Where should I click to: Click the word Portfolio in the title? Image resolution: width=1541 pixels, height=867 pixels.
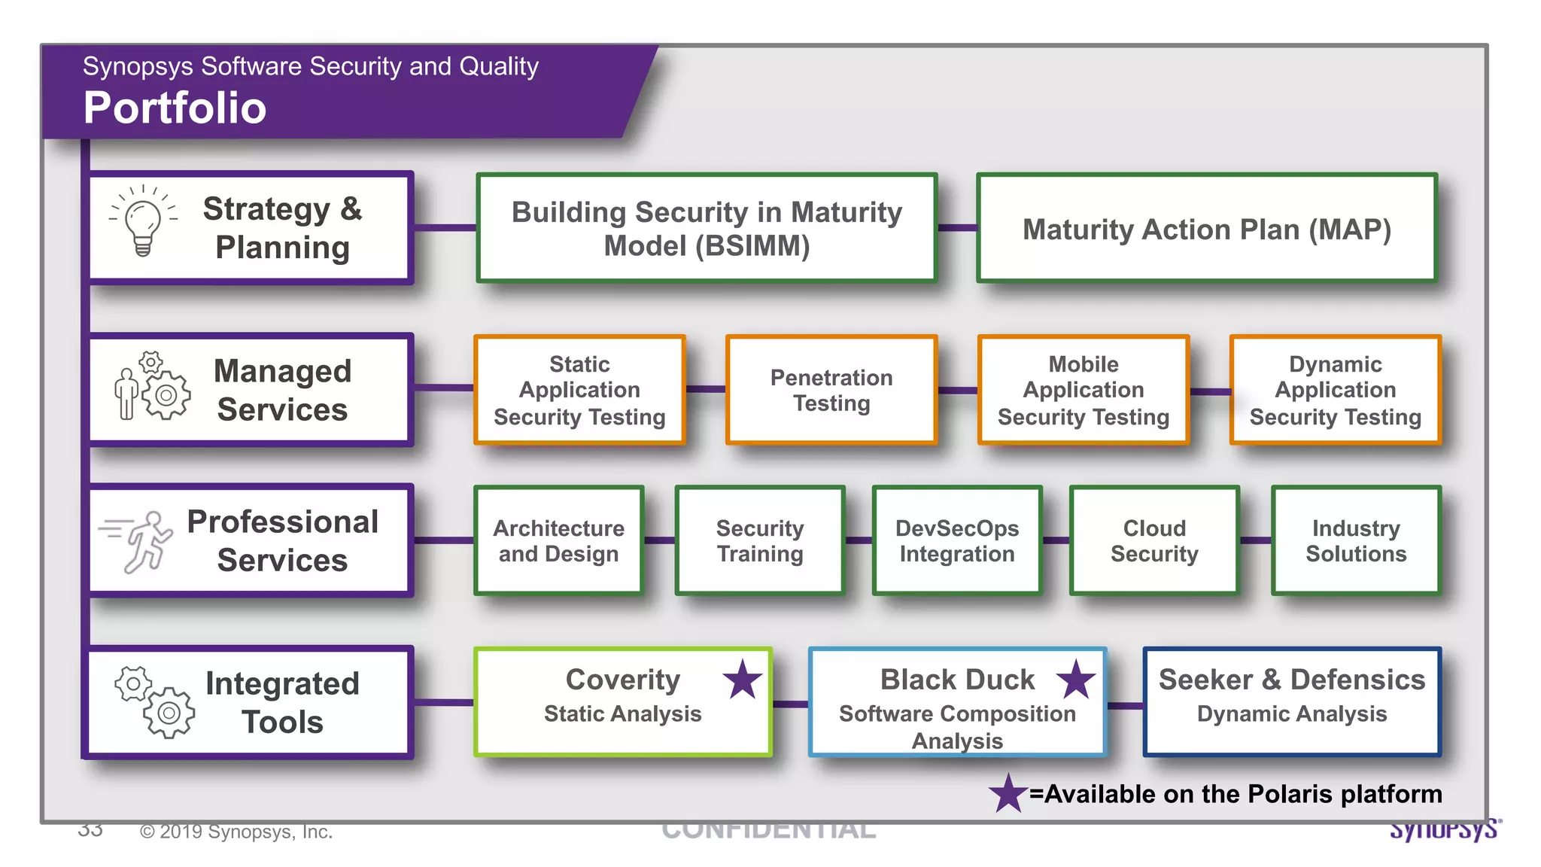click(x=175, y=108)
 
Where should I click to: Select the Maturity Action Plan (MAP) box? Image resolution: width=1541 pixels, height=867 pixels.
click(x=1206, y=229)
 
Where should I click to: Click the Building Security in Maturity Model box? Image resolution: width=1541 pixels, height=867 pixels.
click(x=706, y=229)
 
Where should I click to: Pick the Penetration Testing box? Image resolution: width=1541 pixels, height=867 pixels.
click(x=831, y=390)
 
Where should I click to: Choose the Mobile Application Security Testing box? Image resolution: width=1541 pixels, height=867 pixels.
click(x=1083, y=390)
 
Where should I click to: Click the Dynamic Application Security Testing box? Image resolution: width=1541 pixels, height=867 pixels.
click(x=1335, y=390)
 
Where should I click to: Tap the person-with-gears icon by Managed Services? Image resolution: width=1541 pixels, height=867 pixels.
click(x=153, y=386)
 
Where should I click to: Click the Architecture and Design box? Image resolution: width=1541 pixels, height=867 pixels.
click(x=558, y=540)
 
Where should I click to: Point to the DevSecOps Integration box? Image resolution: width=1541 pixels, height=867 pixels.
click(x=956, y=540)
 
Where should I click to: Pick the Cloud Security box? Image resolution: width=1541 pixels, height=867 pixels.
click(x=1153, y=540)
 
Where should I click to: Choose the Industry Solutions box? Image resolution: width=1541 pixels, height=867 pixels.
click(x=1355, y=540)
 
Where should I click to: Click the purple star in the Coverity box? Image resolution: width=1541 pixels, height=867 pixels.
click(x=743, y=680)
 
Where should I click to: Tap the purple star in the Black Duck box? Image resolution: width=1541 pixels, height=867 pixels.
click(x=1076, y=680)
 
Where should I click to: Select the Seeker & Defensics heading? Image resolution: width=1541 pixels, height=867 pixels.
click(x=1291, y=680)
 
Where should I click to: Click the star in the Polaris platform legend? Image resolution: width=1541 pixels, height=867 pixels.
click(x=1008, y=793)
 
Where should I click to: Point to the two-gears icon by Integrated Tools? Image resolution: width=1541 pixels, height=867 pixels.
click(x=154, y=701)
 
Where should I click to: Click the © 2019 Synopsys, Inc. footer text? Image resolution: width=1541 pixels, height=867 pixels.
click(x=236, y=832)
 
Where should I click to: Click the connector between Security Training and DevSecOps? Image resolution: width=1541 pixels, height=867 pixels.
click(x=859, y=540)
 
